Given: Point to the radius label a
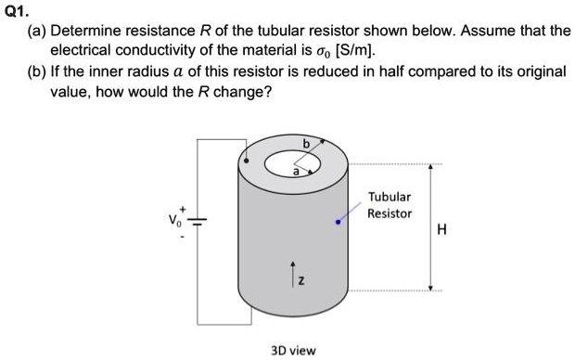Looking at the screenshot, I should tap(297, 172).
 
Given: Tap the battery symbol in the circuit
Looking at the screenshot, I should tap(197, 222).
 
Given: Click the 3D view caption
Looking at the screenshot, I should tap(292, 350).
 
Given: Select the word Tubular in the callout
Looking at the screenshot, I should tap(389, 197).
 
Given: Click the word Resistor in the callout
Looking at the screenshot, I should tap(390, 212).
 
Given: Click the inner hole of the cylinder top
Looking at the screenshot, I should tap(290, 163).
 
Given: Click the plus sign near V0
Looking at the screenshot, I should tap(184, 210).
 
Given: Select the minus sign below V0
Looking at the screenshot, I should tap(183, 236).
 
